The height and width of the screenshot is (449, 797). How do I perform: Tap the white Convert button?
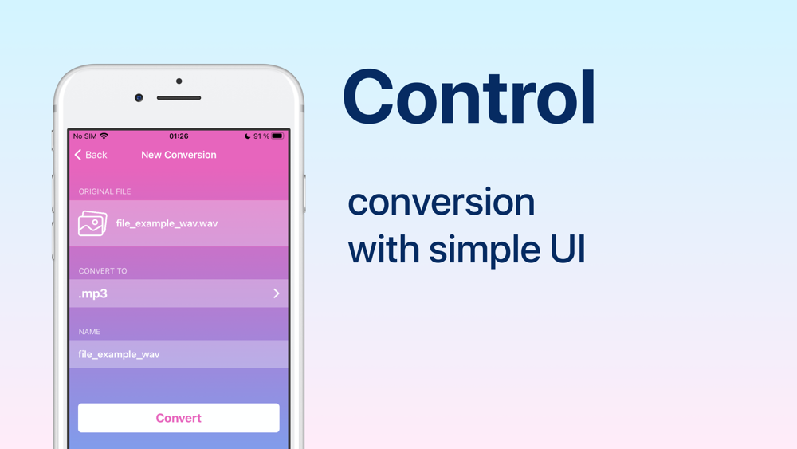179,417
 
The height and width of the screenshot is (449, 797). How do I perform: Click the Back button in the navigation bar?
91,155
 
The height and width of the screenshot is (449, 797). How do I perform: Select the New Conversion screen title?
179,155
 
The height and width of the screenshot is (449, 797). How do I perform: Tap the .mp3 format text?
93,293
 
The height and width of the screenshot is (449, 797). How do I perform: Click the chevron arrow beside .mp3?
276,293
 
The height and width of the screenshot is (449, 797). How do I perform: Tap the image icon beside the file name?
92,223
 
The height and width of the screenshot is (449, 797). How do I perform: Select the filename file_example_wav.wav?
167,223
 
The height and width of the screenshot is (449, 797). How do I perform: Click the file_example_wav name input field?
179,354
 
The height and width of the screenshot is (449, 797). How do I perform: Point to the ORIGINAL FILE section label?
104,191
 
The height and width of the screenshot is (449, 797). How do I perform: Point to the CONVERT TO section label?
103,270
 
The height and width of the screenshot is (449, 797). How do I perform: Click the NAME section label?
89,332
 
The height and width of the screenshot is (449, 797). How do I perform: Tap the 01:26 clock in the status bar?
179,136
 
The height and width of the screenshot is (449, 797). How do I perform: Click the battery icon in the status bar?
277,136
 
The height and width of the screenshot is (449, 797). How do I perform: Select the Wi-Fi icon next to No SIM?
104,136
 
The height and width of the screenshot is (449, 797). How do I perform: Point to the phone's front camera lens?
139,97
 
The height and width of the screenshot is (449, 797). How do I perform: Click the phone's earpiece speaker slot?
179,97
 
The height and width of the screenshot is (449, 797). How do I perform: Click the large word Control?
469,96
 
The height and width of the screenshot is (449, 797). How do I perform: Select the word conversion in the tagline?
442,202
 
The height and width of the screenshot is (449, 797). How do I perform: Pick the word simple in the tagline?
485,250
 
